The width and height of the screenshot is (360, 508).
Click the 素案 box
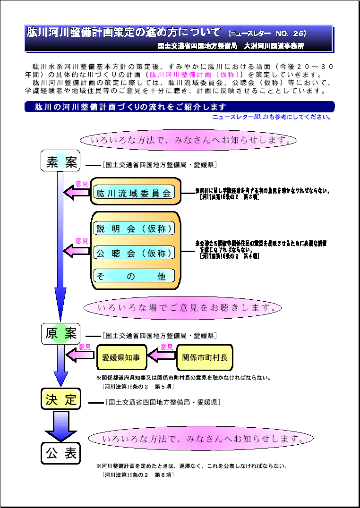(61, 161)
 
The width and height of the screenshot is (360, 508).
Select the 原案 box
(61, 334)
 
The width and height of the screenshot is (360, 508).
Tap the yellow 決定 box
(61, 399)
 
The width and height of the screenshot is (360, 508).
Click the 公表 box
(61, 453)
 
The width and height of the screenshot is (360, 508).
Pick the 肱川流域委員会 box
(134, 193)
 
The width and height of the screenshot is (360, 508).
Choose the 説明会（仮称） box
(134, 229)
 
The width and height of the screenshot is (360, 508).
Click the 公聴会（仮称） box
(134, 253)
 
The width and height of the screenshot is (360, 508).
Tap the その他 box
(134, 276)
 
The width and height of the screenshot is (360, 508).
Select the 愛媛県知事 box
(121, 357)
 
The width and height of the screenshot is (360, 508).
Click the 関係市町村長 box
(204, 357)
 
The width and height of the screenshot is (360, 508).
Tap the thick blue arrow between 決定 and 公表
(61, 426)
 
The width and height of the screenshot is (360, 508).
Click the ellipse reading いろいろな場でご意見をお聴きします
(182, 308)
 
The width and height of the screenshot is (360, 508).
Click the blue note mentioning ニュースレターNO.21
(272, 117)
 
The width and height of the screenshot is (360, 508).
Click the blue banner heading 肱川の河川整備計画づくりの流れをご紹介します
(180, 107)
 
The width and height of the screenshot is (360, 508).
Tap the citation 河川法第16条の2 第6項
(138, 474)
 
